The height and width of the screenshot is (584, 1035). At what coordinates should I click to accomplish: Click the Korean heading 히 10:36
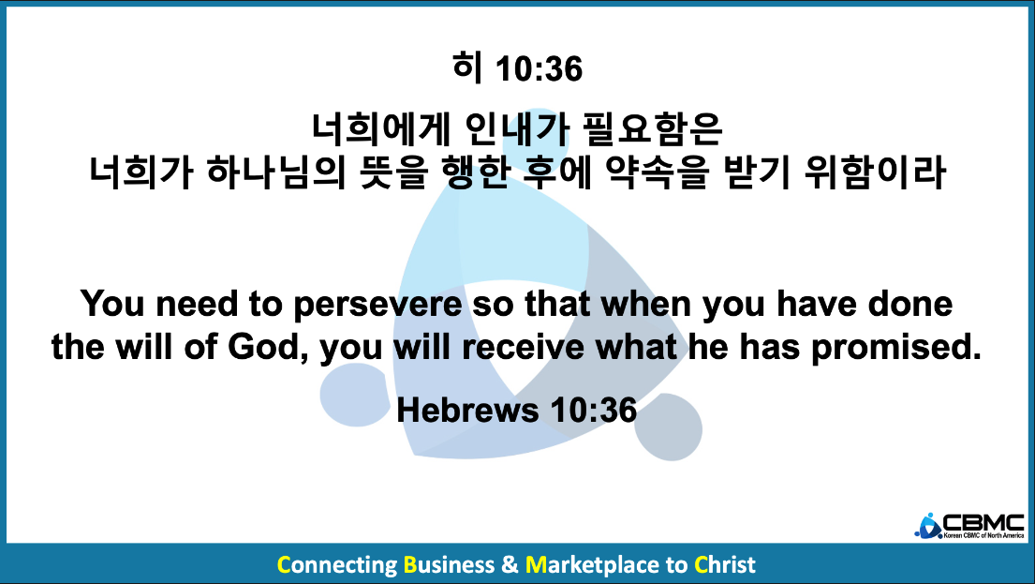517,68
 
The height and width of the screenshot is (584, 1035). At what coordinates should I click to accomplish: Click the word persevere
377,306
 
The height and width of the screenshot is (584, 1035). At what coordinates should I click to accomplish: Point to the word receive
523,348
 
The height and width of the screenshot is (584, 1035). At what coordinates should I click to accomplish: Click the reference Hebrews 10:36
517,410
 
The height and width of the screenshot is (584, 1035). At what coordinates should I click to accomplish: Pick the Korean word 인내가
517,128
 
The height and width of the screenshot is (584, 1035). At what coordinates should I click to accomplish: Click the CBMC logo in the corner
969,526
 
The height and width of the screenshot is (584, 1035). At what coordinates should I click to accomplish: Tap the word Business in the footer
449,565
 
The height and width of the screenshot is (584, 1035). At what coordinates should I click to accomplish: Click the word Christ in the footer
725,565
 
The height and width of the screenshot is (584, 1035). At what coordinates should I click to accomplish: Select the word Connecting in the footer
336,566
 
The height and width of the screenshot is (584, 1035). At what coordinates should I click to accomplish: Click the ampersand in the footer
510,565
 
